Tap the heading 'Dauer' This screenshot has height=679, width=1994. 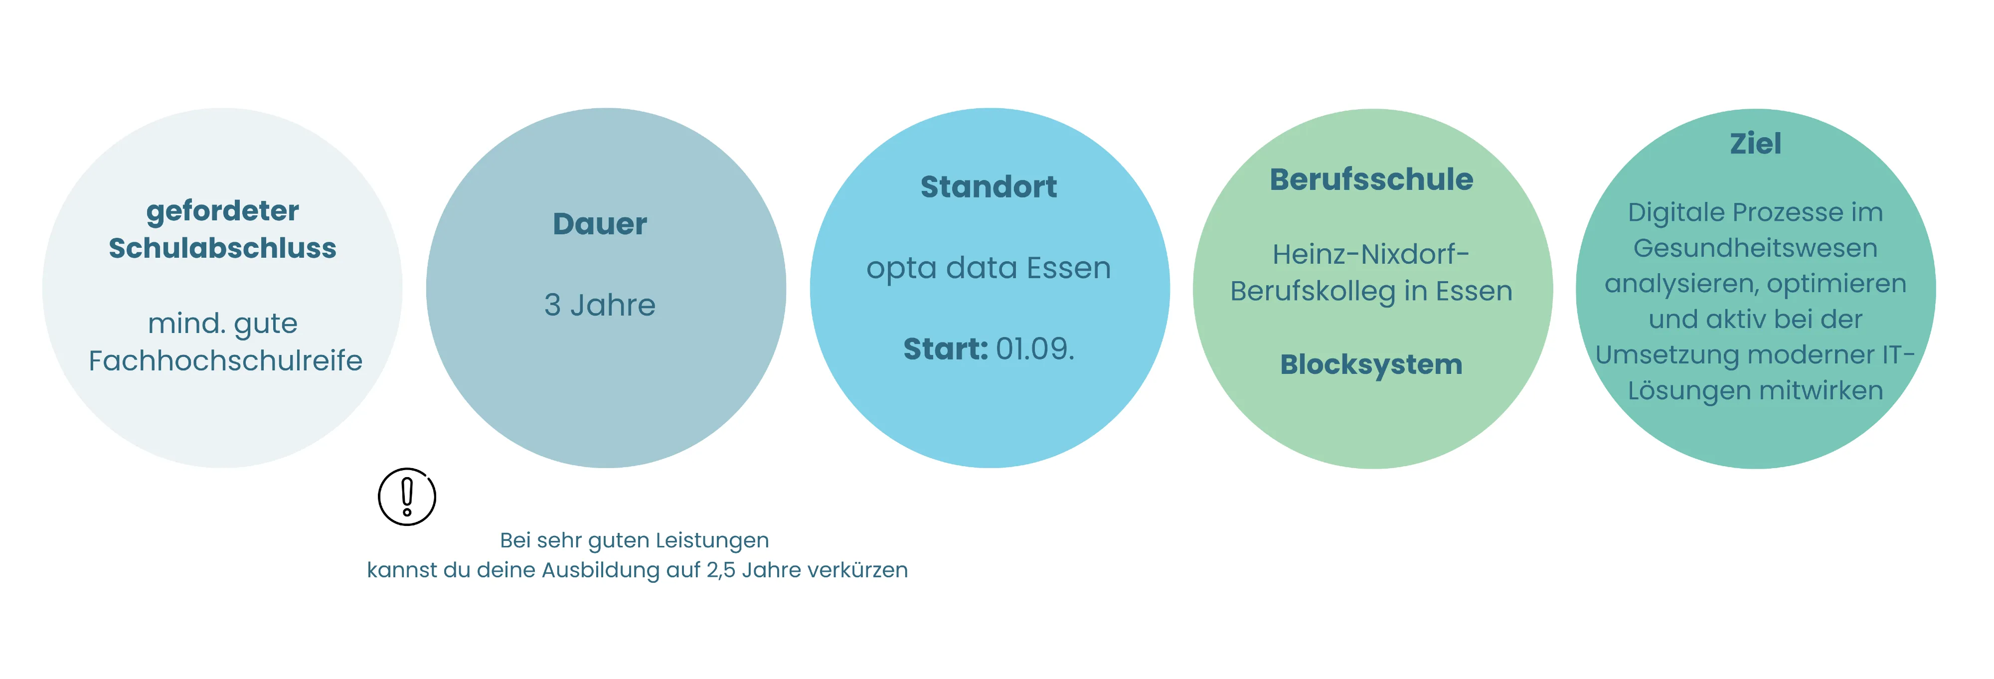(x=600, y=224)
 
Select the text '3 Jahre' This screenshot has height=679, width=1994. (x=600, y=305)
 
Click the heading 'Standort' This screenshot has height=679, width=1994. (x=989, y=186)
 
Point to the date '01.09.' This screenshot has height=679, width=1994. (x=1035, y=349)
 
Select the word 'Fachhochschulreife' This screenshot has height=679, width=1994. (x=225, y=361)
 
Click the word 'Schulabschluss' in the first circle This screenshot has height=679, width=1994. (x=223, y=249)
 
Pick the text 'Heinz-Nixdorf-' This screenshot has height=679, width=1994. (x=1371, y=254)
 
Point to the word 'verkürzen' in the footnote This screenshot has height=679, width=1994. (x=857, y=570)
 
